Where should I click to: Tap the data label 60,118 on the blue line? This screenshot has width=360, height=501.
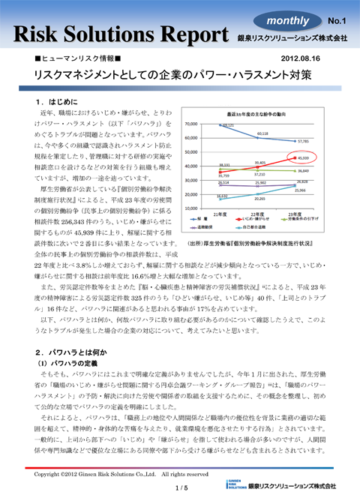pos(263,133)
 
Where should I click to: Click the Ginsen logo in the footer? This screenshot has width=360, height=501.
pos(247,484)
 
